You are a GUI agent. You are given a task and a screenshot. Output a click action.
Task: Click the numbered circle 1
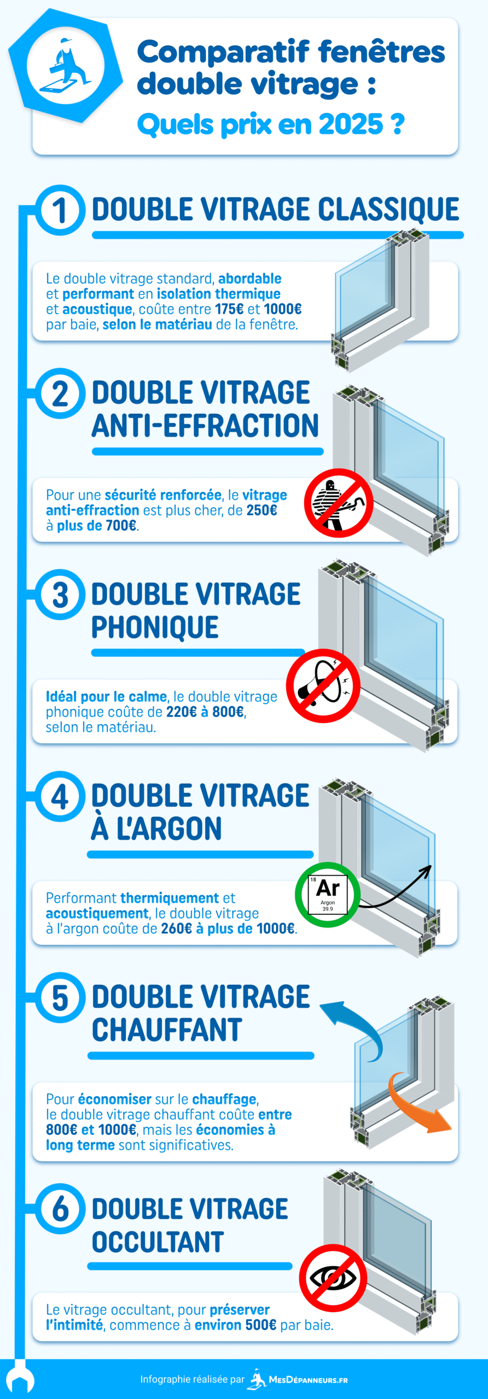60,211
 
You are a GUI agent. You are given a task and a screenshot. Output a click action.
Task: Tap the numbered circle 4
60,796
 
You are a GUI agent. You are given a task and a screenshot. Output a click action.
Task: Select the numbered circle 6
60,1209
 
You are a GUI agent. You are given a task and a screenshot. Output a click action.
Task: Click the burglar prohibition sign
339,502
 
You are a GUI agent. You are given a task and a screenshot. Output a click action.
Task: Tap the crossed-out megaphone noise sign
323,685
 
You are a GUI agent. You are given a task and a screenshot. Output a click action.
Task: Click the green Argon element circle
328,895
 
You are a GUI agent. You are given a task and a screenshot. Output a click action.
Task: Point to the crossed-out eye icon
333,1278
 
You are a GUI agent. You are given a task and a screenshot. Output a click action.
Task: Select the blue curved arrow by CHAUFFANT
353,1027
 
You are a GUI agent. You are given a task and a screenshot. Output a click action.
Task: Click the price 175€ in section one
229,309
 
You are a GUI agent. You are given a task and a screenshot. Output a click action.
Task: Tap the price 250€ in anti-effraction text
262,510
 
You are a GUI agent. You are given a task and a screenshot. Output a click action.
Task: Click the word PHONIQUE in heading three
155,627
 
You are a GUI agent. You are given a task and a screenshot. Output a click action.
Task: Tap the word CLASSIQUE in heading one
388,210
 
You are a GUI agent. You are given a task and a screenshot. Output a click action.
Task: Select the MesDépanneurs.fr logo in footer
299,1379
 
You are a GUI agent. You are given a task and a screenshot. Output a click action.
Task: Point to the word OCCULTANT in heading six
158,1242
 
